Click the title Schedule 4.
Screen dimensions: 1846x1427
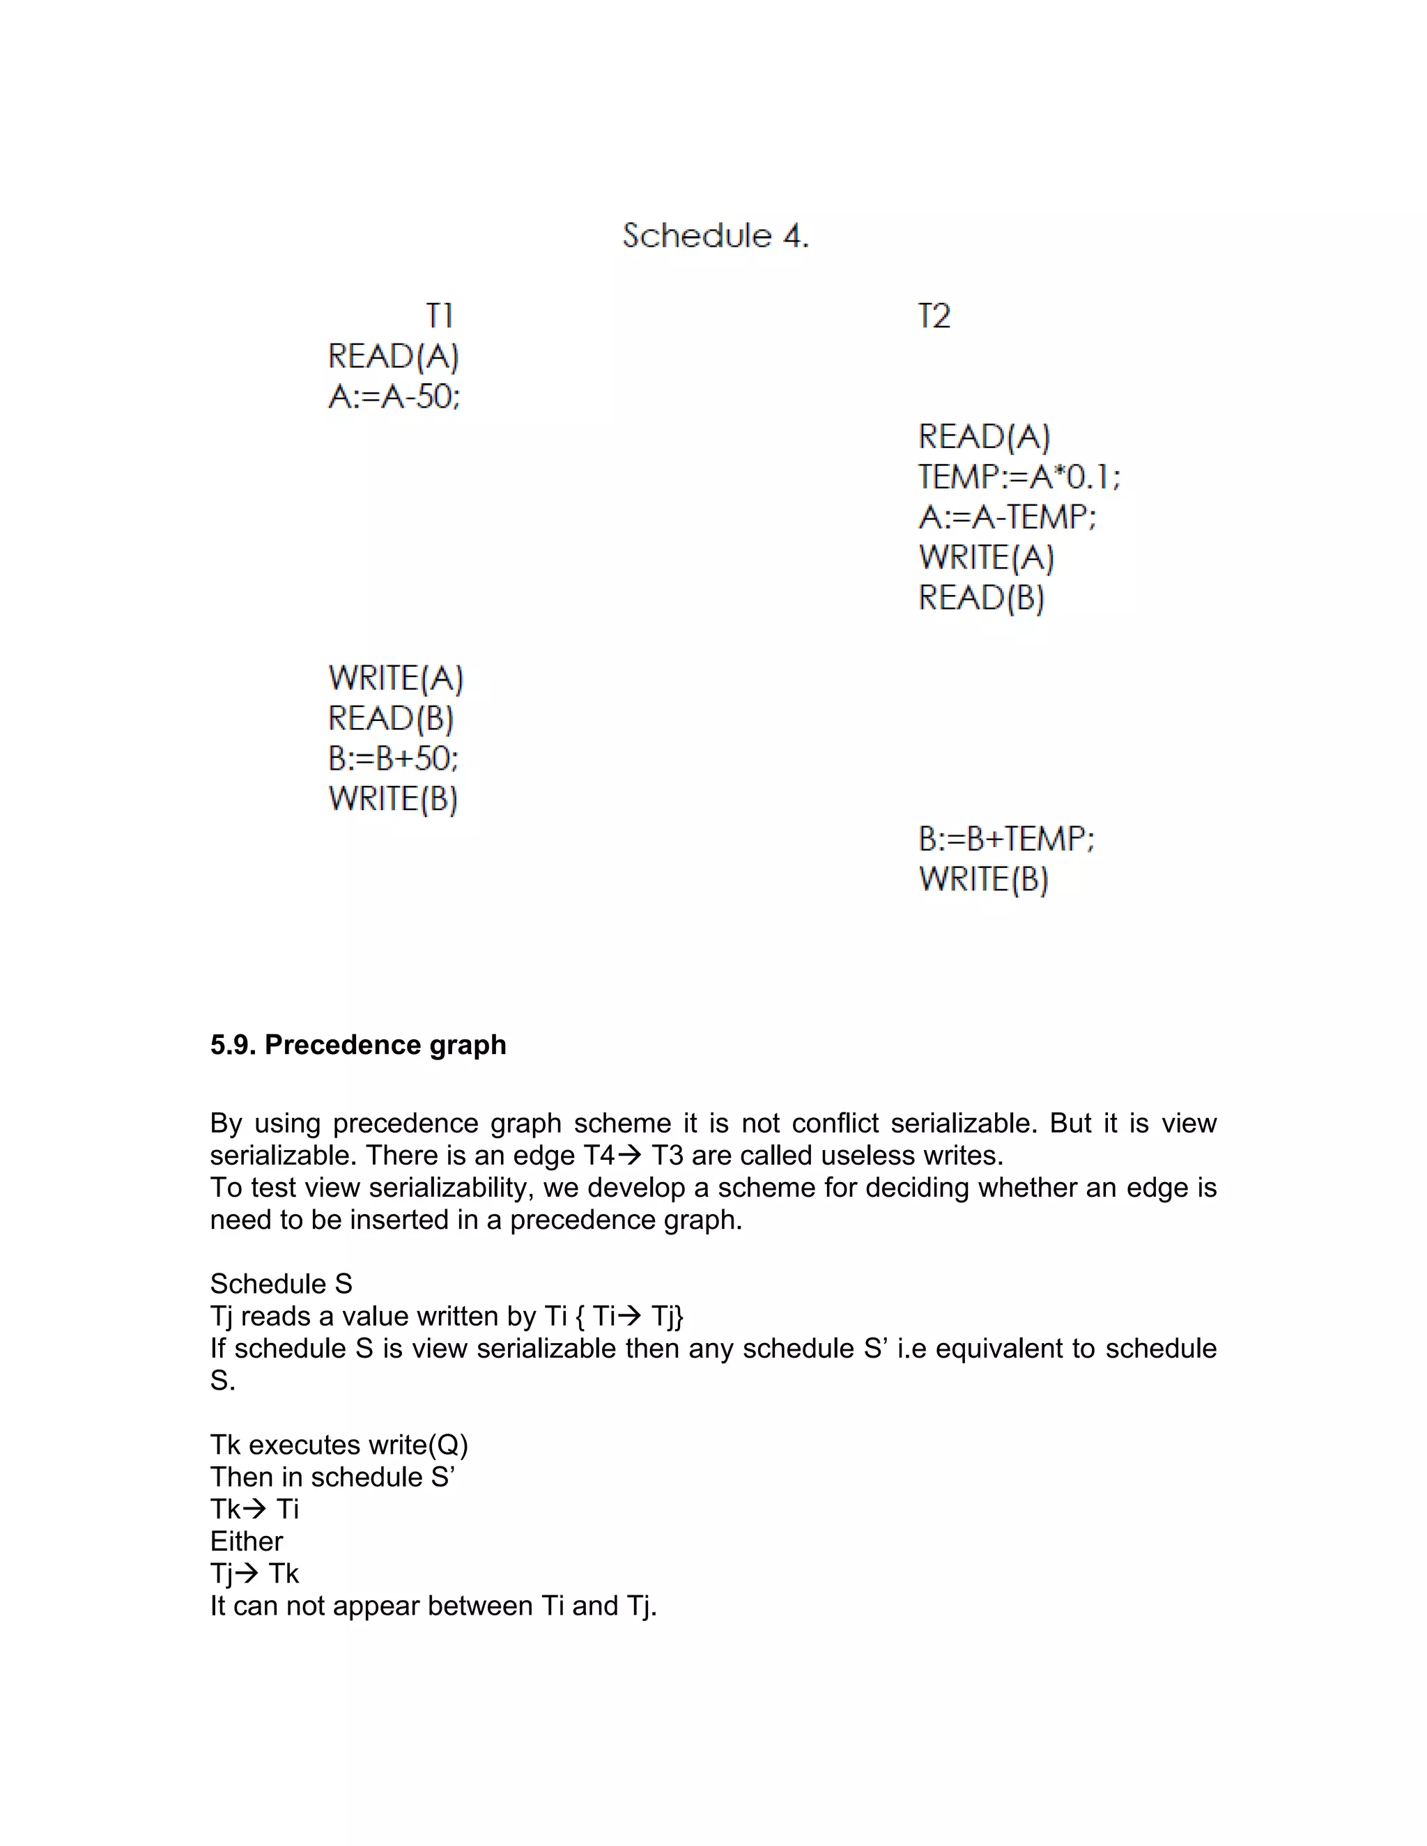(715, 236)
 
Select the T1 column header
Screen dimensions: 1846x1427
(440, 316)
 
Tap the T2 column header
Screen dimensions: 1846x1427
(934, 316)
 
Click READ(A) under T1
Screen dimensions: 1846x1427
(393, 357)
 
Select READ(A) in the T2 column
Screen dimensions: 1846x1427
(984, 437)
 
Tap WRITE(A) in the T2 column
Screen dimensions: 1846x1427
(987, 558)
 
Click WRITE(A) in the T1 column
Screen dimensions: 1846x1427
(396, 678)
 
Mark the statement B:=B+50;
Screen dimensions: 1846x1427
(393, 758)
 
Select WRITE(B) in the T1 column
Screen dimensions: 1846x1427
(393, 799)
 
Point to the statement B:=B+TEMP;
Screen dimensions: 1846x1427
(1006, 839)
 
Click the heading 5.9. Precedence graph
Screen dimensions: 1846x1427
(357, 1045)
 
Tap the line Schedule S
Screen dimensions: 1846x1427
(281, 1284)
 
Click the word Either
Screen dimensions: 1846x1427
(246, 1541)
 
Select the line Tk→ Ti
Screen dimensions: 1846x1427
(254, 1509)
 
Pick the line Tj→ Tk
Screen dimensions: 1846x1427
(254, 1573)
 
